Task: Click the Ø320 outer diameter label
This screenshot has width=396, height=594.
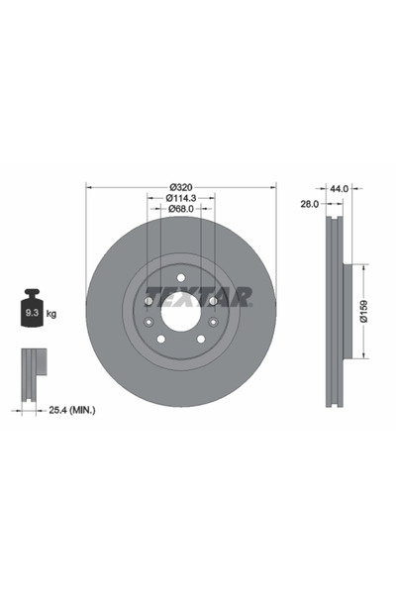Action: tap(180, 187)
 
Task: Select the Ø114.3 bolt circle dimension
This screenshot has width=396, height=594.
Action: tap(180, 199)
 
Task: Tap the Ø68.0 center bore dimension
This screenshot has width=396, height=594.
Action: tap(180, 210)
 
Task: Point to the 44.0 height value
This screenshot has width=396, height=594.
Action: tap(340, 187)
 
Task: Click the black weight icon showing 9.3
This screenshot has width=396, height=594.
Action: tap(31, 311)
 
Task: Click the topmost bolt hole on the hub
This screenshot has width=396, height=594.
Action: tap(174, 277)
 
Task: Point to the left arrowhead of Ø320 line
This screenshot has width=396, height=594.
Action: tap(90, 188)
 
